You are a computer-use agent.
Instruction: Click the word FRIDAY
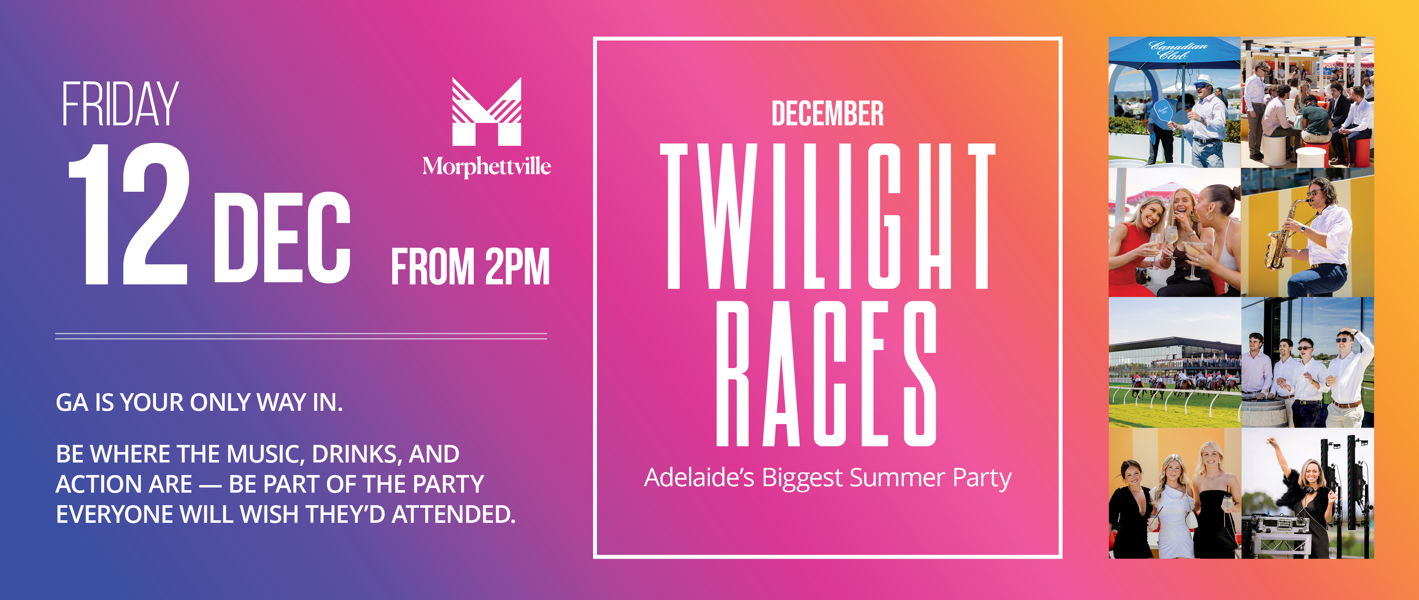tap(120, 104)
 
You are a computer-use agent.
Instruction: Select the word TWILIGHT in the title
tap(827, 216)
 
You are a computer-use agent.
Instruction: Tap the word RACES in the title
tap(826, 373)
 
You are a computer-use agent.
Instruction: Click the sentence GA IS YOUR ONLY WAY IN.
tap(199, 403)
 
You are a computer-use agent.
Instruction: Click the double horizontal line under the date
tap(301, 336)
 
